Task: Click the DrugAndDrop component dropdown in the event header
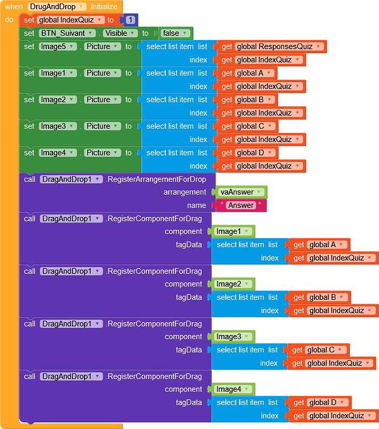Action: pos(57,7)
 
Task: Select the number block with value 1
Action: pos(130,20)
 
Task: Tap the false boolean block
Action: pos(175,33)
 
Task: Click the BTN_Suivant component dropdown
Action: pos(67,33)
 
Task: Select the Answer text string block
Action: pos(240,205)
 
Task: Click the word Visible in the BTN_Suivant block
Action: pos(117,33)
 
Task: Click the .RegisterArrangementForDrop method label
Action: pos(156,179)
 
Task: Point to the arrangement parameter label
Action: pos(185,192)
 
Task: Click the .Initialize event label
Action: pos(103,7)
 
